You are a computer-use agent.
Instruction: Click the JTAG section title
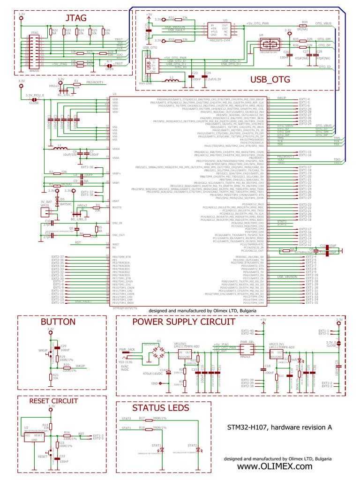point(75,18)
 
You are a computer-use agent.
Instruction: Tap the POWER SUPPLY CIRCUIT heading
point(183,322)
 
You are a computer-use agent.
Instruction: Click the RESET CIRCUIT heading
point(53,401)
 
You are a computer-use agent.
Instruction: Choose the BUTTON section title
point(58,322)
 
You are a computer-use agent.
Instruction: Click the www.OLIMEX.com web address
point(275,466)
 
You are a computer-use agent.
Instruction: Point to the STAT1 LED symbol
point(163,450)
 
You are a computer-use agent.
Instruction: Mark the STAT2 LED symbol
point(198,450)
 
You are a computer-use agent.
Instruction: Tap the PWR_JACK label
point(127,350)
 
